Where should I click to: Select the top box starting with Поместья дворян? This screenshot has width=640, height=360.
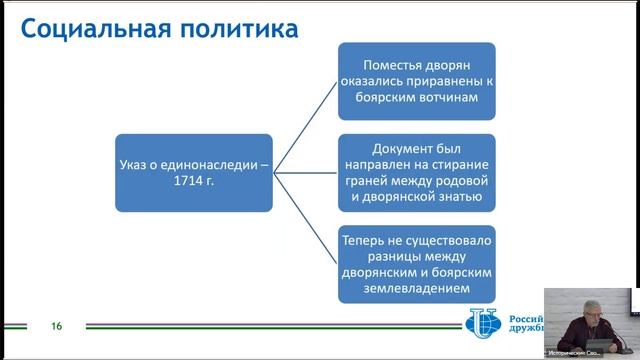pyautogui.click(x=416, y=75)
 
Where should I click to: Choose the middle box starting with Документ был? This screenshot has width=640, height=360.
pyautogui.click(x=416, y=172)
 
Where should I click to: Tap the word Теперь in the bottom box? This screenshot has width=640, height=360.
pyautogui.click(x=366, y=240)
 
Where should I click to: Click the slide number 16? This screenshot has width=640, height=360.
pyautogui.click(x=57, y=326)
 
